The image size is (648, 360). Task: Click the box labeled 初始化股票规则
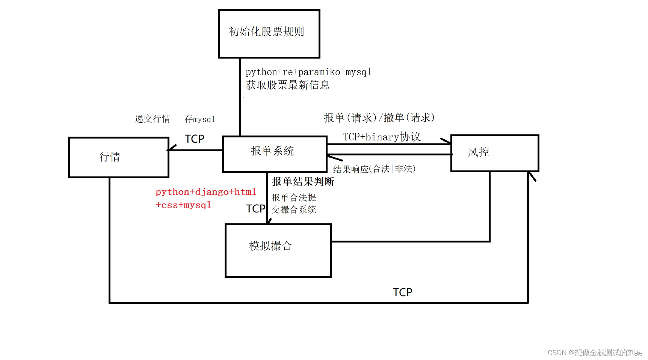pos(269,34)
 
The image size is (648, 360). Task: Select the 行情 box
pos(118,157)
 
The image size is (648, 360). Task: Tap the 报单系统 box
pos(274,154)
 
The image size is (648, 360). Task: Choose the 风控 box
pos(494,153)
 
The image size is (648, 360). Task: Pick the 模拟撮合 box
pos(278,250)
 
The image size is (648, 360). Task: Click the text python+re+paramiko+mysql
pos(308,72)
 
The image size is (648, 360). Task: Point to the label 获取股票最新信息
pos(288,85)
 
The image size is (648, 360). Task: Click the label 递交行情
pos(153,119)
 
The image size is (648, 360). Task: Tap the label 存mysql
pos(200,119)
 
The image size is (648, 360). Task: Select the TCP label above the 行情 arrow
pos(195,139)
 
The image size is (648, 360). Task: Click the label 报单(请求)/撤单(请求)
pos(379,118)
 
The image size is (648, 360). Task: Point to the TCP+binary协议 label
pos(382,137)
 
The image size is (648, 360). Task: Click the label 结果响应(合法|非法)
pos(374,169)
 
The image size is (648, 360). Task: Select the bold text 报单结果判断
pos(303,182)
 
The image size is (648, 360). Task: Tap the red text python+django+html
pos(206,192)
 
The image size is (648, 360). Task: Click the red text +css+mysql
pos(183,205)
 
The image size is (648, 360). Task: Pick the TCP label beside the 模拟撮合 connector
pos(255,209)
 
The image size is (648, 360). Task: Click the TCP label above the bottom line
pos(402,292)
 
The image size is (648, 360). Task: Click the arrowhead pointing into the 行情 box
pos(171,149)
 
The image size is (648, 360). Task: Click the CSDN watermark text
pos(595,352)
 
